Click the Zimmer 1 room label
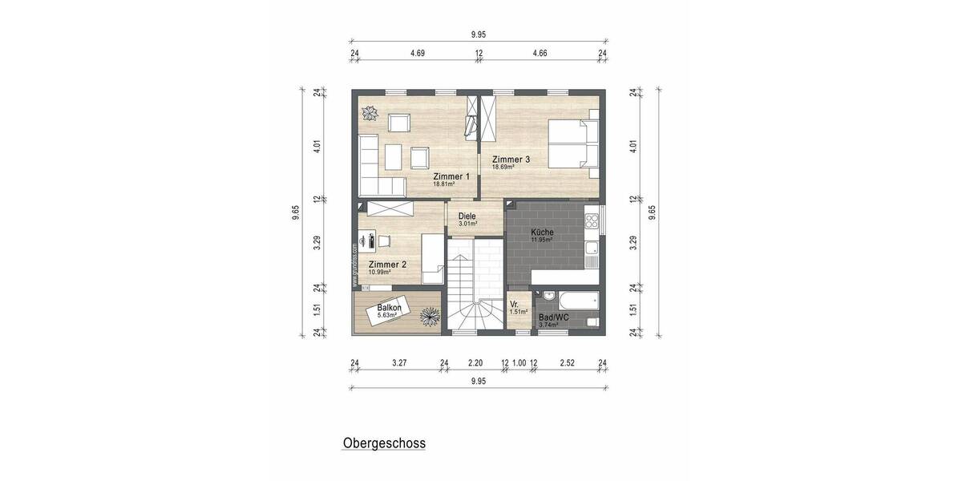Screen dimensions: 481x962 point(451,176)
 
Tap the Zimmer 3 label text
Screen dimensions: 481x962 point(511,160)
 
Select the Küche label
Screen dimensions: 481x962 point(542,232)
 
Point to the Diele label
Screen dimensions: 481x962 point(467,216)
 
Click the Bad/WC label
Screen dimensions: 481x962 point(553,317)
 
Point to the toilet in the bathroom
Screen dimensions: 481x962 point(592,322)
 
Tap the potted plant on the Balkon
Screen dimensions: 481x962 point(430,317)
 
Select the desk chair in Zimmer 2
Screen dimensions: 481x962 point(385,240)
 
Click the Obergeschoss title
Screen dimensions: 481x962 point(384,443)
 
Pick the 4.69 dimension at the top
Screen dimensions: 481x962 point(417,54)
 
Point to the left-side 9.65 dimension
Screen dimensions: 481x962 point(297,211)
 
